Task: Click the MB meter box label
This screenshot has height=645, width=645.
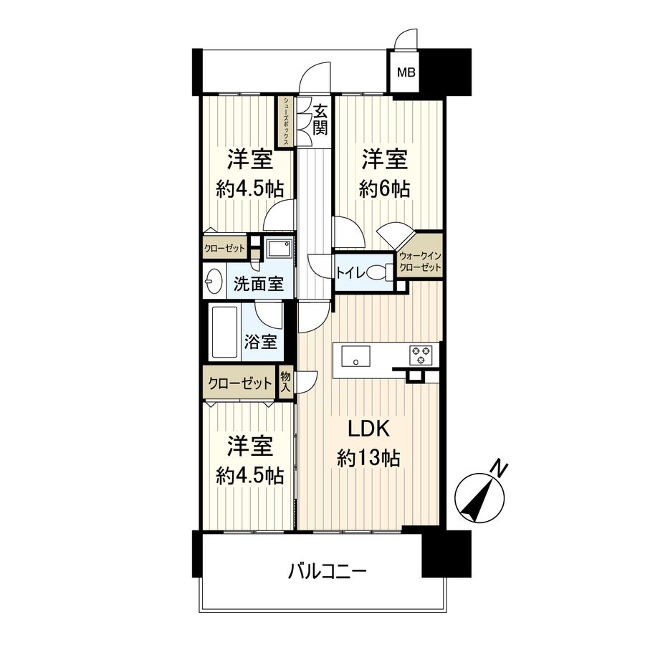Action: point(406,72)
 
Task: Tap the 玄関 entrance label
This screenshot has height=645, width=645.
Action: point(320,120)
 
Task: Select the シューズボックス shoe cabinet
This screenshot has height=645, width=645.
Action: point(286,122)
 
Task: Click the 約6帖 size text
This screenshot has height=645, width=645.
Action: point(385,189)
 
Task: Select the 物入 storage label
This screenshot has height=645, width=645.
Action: point(285,381)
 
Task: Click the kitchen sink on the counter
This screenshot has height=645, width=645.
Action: point(355,354)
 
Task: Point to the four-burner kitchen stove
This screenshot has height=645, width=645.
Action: point(420,354)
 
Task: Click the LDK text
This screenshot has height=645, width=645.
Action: point(368,429)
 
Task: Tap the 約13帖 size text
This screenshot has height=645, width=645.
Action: point(368,458)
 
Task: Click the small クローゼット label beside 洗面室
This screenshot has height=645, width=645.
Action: point(224,249)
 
